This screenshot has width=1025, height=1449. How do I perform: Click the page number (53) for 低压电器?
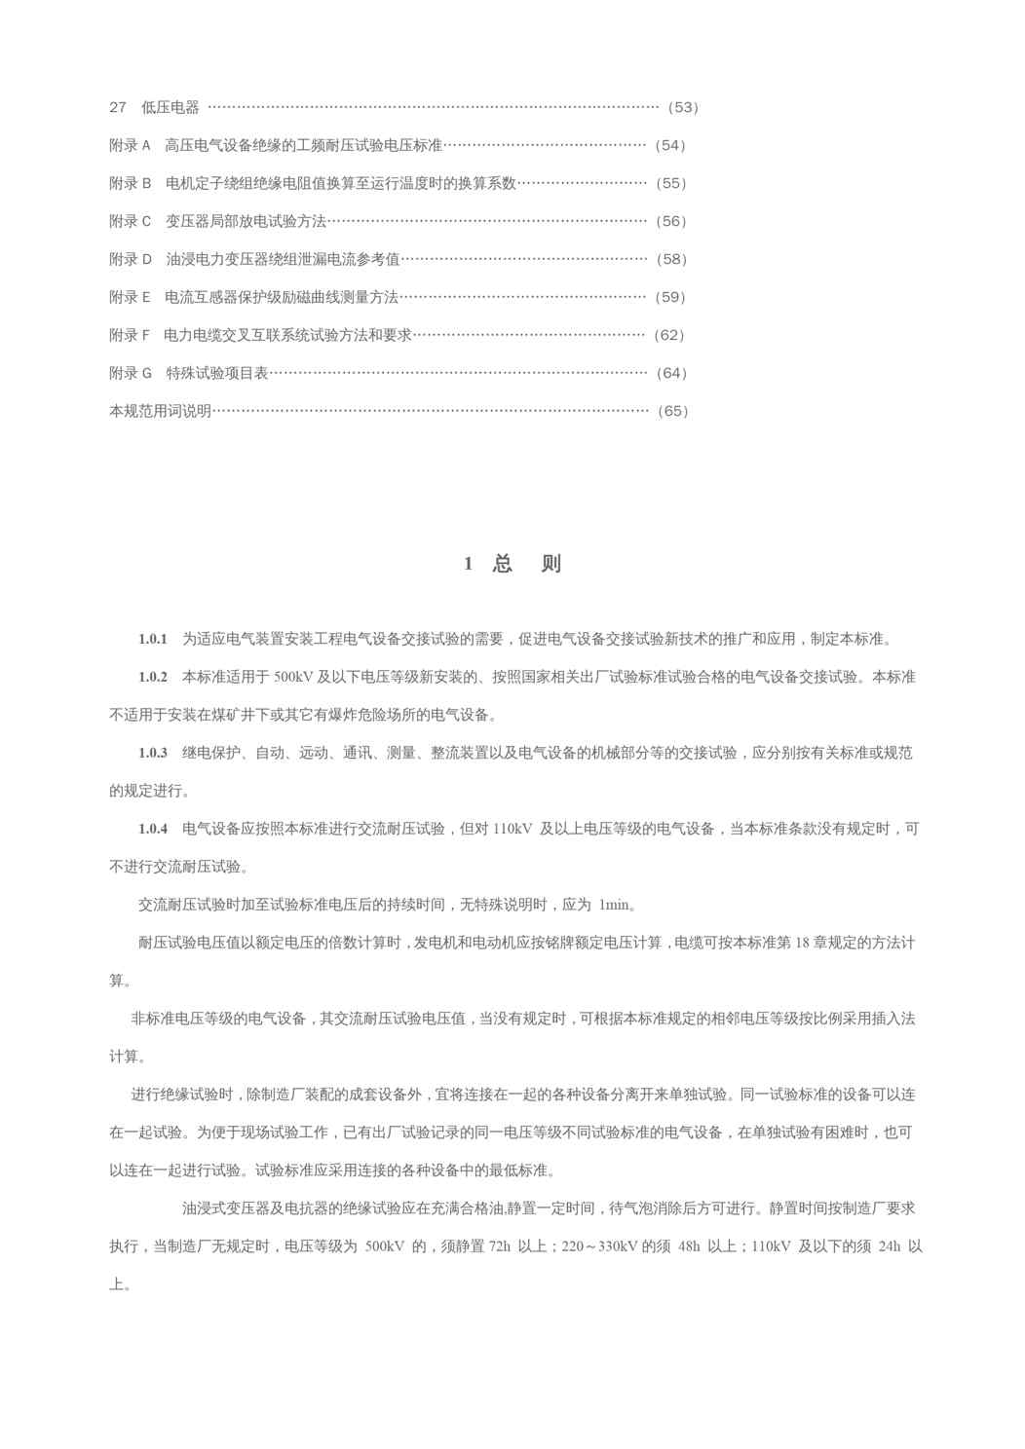click(683, 107)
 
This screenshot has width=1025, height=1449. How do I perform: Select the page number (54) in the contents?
click(670, 145)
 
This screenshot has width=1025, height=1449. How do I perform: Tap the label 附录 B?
click(130, 183)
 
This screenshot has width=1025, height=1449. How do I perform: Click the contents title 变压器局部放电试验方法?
click(246, 221)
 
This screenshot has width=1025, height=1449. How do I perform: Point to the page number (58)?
click(671, 259)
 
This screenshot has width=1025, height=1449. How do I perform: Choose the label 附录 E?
click(130, 297)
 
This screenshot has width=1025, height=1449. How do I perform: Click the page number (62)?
click(669, 335)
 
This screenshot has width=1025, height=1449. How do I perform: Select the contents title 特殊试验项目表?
click(216, 373)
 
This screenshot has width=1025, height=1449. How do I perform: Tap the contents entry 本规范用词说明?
click(160, 411)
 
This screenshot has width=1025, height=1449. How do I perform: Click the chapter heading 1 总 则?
click(512, 564)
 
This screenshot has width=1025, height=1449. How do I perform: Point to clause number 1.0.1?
click(153, 639)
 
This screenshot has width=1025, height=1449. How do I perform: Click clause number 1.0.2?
click(153, 677)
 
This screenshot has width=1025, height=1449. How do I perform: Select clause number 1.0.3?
click(153, 753)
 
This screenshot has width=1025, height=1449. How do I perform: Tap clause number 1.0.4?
click(153, 829)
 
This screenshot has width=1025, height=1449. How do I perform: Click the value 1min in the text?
click(615, 905)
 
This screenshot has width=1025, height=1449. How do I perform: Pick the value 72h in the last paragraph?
click(500, 1246)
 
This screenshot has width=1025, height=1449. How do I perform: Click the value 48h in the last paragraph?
click(689, 1246)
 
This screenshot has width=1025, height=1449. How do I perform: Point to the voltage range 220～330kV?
click(599, 1246)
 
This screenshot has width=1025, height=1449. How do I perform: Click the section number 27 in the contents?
click(118, 107)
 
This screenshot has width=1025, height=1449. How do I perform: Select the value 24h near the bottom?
click(890, 1246)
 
